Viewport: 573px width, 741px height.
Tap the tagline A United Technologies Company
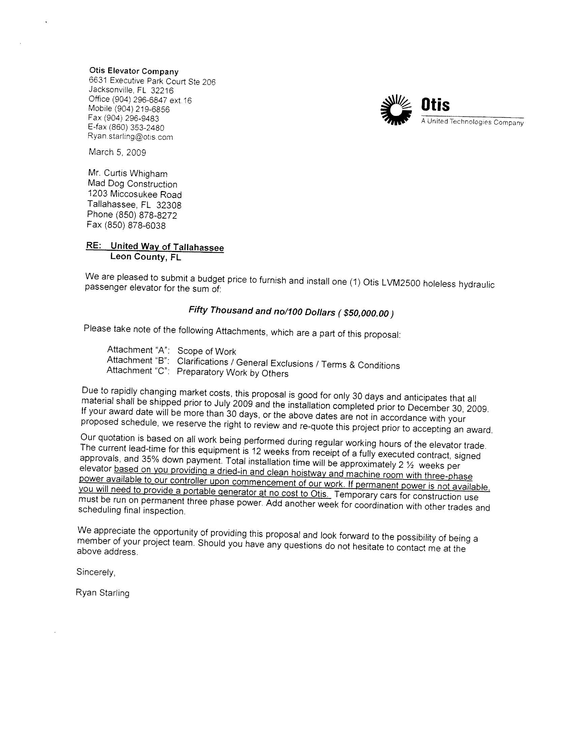[x=472, y=122]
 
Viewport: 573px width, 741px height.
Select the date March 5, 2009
[x=117, y=152]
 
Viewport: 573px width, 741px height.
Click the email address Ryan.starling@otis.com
[x=130, y=137]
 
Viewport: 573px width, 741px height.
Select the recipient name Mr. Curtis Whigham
[x=128, y=174]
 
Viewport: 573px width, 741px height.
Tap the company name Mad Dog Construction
[x=132, y=184]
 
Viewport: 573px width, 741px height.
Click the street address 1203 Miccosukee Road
[x=135, y=194]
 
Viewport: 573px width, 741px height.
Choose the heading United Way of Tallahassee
[x=167, y=247]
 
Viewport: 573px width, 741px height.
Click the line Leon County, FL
[x=146, y=257]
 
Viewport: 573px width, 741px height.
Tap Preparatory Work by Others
[x=233, y=373]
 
